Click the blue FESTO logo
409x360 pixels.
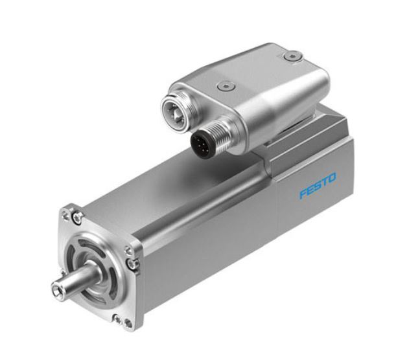[318, 194]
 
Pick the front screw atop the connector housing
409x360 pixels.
[225, 85]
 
